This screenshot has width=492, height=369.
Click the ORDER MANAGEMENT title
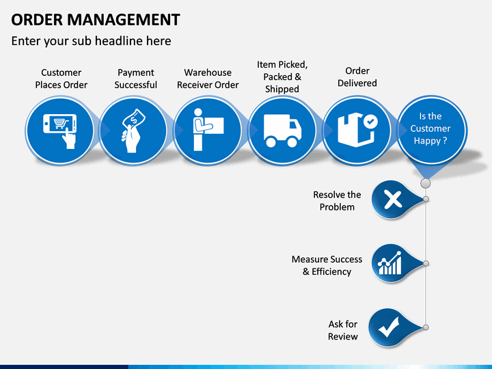(96, 20)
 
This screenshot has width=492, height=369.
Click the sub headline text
(91, 41)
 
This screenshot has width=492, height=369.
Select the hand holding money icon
(133, 131)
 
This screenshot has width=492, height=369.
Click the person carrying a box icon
(208, 130)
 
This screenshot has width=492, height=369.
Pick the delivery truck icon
(282, 131)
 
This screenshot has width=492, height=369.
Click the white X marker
(393, 200)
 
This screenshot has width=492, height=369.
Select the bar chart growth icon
(389, 263)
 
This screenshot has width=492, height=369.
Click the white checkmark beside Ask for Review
(389, 327)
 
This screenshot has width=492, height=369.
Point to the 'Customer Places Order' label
(61, 79)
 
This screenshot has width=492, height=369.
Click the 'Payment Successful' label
(135, 79)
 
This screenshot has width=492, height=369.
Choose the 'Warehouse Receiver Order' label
(208, 79)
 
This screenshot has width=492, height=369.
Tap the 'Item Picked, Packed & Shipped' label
(282, 77)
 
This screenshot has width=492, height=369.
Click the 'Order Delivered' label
(357, 77)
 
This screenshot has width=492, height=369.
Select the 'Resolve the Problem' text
(337, 201)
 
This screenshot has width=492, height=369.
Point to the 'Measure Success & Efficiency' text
(327, 265)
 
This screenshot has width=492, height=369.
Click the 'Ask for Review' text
(342, 330)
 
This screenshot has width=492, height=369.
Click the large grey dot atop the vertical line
(426, 183)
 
